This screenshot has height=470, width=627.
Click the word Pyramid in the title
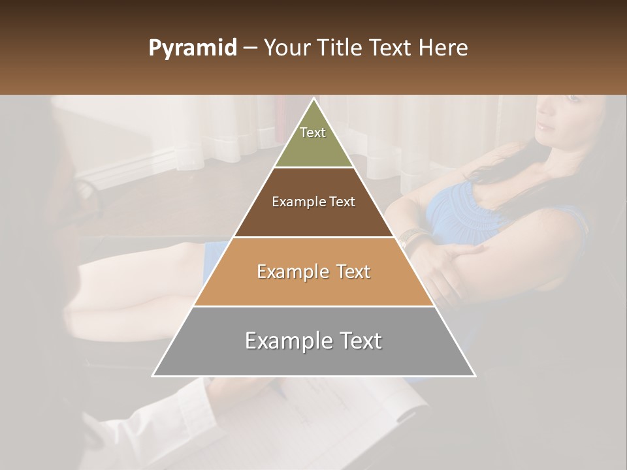pyautogui.click(x=192, y=48)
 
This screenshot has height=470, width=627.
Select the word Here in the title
pyautogui.click(x=443, y=48)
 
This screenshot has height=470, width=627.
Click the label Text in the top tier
pyautogui.click(x=313, y=133)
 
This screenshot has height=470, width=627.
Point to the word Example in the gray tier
pyautogui.click(x=285, y=341)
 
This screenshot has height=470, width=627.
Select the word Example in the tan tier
pyautogui.click(x=291, y=272)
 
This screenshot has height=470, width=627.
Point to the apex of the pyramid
pyautogui.click(x=313, y=99)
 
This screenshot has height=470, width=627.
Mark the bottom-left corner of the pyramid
pyautogui.click(x=153, y=375)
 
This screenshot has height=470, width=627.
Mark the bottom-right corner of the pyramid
pyautogui.click(x=474, y=375)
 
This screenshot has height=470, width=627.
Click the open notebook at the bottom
pyautogui.click(x=346, y=424)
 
